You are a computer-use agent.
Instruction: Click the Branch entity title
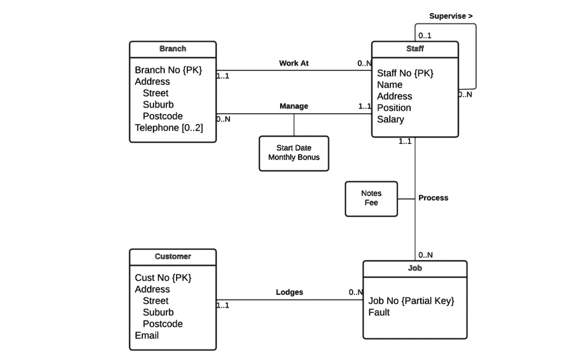(x=173, y=49)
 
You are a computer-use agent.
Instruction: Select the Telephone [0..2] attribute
(x=169, y=128)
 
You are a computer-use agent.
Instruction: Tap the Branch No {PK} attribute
(x=168, y=70)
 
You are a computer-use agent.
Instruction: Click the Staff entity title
(x=415, y=49)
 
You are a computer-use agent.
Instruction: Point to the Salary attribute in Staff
(x=390, y=119)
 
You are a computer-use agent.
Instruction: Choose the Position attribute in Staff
(x=394, y=107)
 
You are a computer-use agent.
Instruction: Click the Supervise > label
(x=451, y=16)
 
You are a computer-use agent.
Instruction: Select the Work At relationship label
(x=294, y=64)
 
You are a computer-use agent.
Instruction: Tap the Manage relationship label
(x=294, y=106)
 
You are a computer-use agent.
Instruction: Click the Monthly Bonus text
(x=294, y=157)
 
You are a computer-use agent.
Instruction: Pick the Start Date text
(x=294, y=148)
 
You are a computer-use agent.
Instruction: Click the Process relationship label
(x=433, y=198)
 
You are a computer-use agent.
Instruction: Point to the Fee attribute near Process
(x=371, y=203)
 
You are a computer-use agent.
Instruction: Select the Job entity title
(x=415, y=268)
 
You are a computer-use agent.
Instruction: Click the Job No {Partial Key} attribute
(x=411, y=301)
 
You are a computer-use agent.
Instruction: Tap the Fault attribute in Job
(x=379, y=312)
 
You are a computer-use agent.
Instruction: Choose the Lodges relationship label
(x=290, y=292)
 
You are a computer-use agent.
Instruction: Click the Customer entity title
(x=173, y=256)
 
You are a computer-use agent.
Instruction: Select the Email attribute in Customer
(x=147, y=335)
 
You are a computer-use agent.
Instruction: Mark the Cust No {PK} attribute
(x=163, y=278)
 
